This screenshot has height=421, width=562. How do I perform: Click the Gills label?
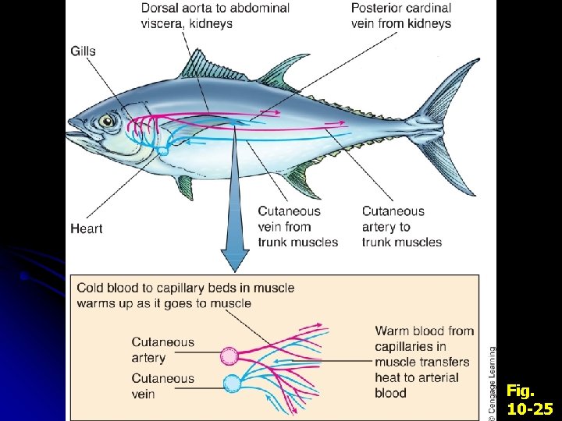(84, 51)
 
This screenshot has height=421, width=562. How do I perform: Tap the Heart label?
(87, 228)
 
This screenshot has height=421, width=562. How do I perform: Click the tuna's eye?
(107, 120)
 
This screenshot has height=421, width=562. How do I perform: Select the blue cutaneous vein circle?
(232, 383)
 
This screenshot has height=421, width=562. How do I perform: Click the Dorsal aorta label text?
(215, 16)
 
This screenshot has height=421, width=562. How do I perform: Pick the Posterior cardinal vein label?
(401, 16)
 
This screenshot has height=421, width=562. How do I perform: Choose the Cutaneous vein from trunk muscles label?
(297, 226)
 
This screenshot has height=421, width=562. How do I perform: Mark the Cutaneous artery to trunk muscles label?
(401, 226)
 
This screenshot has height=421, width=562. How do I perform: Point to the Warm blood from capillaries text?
(424, 362)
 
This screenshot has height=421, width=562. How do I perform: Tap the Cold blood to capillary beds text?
(185, 295)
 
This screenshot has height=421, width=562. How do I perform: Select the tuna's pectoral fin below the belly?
(185, 186)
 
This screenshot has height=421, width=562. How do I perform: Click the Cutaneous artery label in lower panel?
(162, 349)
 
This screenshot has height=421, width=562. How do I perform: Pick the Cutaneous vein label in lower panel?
(162, 386)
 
